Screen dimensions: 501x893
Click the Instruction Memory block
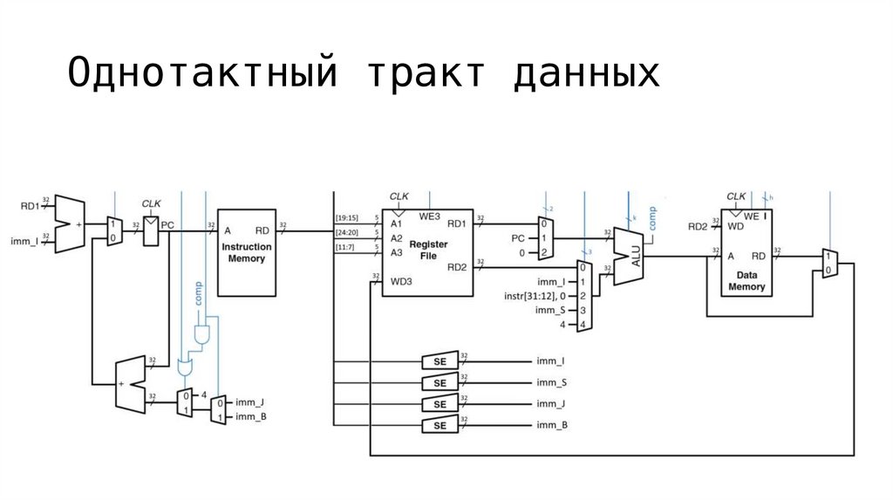click(246, 252)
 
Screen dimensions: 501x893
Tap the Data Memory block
click(746, 262)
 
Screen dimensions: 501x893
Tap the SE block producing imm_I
click(440, 360)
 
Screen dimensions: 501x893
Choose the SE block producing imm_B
click(440, 425)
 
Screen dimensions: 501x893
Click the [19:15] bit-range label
click(346, 218)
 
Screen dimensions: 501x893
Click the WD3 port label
click(401, 281)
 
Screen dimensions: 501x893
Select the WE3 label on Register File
click(430, 215)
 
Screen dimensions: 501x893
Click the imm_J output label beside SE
click(551, 403)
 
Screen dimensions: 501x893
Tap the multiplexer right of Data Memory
click(828, 263)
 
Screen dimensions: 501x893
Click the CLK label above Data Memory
click(737, 196)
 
